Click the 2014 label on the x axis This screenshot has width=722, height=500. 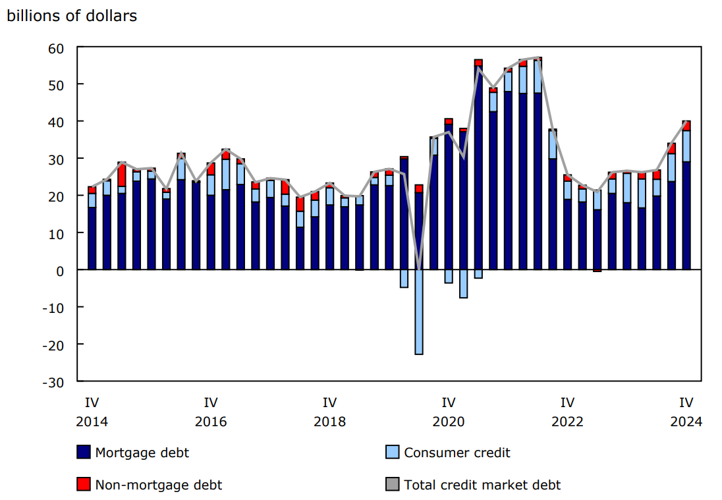[92, 422]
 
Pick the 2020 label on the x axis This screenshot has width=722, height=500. [449, 422]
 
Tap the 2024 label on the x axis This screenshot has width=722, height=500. [686, 422]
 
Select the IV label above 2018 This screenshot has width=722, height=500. [329, 402]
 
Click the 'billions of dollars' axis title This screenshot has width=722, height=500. [72, 16]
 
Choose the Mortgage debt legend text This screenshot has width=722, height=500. [142, 453]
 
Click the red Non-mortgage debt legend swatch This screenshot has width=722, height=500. [83, 485]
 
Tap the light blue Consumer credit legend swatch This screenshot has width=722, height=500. [392, 453]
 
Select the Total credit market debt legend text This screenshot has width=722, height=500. [482, 485]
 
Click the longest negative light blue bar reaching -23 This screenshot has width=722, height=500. [418, 312]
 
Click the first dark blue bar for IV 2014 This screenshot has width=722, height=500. [92, 238]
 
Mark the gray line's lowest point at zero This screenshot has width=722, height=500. [418, 269]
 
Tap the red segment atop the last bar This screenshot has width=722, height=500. [686, 126]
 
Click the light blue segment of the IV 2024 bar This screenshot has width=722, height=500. [686, 146]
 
